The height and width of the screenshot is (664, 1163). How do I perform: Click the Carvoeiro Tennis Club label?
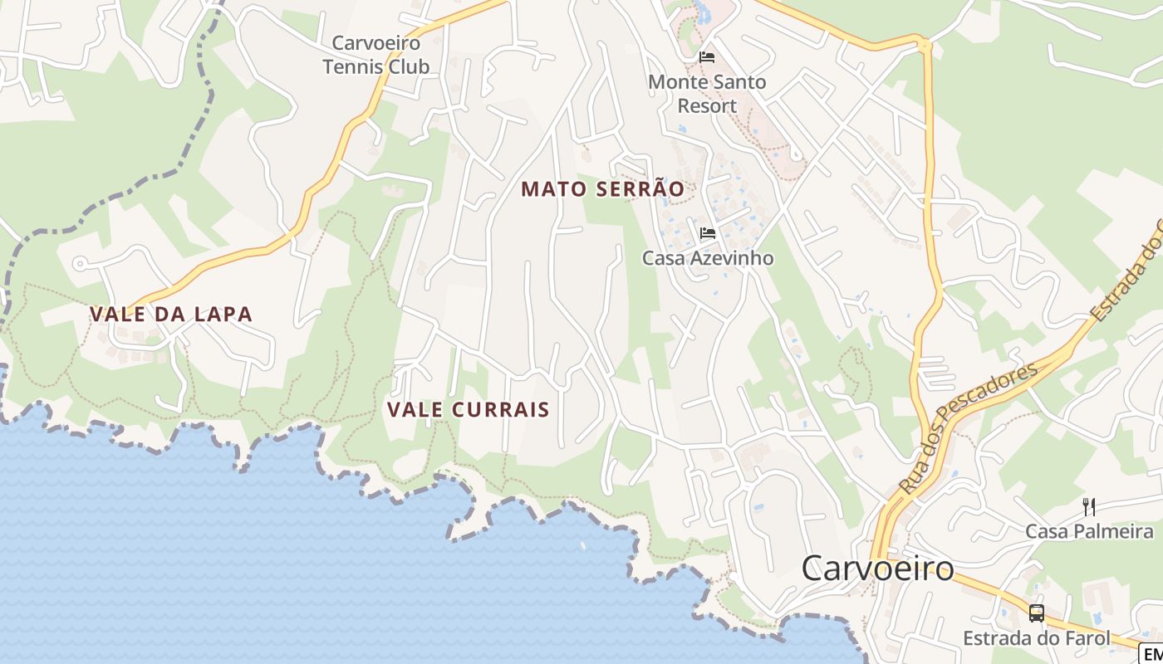(375, 55)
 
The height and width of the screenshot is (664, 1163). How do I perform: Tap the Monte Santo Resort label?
(707, 94)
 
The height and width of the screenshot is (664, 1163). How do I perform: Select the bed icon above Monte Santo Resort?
(707, 57)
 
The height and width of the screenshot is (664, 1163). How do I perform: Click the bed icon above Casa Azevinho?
(708, 233)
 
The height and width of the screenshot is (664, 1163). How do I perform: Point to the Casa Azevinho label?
(708, 258)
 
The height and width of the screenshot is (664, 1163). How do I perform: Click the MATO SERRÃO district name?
(603, 189)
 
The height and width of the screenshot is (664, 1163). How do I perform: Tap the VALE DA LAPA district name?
(171, 314)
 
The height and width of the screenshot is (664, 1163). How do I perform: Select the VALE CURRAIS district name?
(469, 409)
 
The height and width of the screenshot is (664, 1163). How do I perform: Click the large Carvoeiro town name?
(878, 569)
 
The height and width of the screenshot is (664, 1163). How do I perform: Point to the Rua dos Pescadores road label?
(969, 428)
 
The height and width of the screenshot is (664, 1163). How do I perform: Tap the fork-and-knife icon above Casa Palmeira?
(1089, 506)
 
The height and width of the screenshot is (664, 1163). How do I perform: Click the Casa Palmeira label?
(1089, 531)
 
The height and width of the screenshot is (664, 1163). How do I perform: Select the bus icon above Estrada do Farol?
(1037, 613)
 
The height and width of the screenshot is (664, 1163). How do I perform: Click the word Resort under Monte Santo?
(707, 105)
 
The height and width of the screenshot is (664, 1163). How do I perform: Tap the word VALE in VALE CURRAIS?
(415, 409)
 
